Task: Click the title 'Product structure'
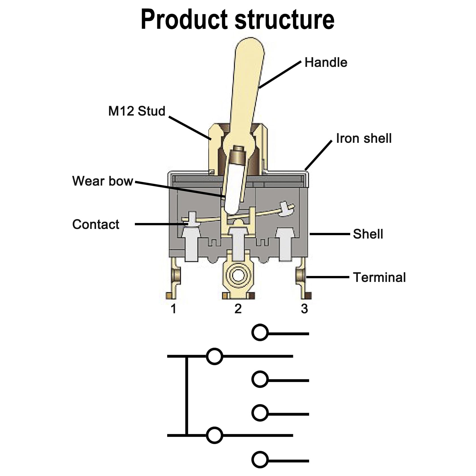tap(237, 19)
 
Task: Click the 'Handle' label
tap(326, 62)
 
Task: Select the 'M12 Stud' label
tap(137, 111)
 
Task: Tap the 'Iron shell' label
tap(364, 138)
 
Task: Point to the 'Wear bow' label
tap(103, 181)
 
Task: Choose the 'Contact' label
tap(96, 224)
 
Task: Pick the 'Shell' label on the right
tap(368, 234)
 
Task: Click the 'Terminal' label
tap(379, 277)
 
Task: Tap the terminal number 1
tap(174, 309)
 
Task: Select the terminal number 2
tap(238, 309)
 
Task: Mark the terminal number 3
tap(304, 309)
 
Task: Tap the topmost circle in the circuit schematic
tap(260, 332)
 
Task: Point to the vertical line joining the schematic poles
tap(186, 396)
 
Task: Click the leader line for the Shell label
tap(330, 234)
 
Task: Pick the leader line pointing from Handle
tap(280, 74)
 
